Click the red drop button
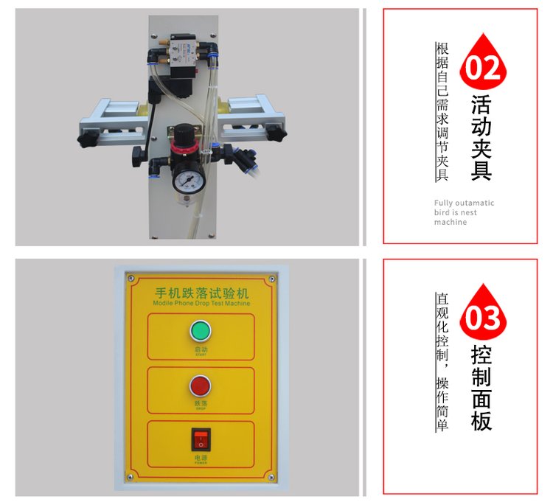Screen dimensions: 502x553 pos(200,384)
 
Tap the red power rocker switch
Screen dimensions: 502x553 pos(201,439)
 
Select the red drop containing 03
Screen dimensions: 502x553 pos(483,313)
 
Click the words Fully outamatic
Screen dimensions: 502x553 pos(464,203)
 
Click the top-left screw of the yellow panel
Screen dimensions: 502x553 pos(131,279)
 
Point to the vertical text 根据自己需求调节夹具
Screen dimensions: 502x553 pos(442,111)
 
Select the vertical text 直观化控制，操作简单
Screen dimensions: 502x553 pos(442,362)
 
